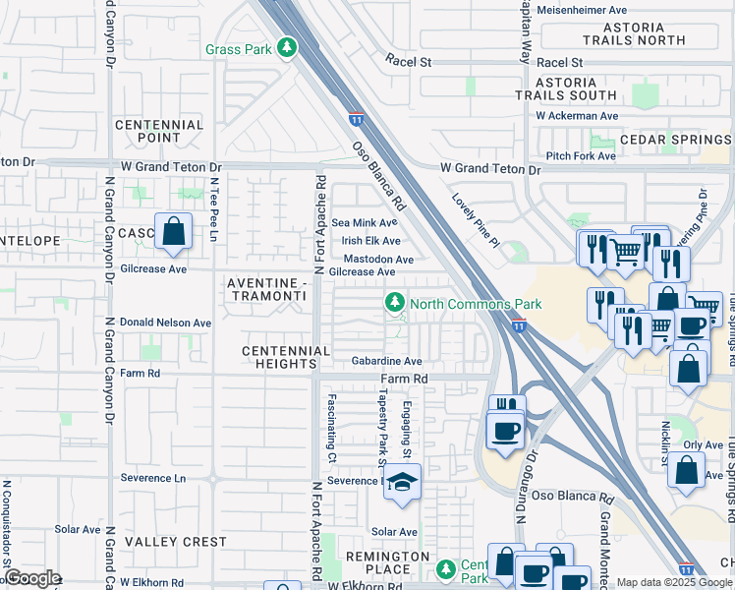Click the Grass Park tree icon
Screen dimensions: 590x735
[x=286, y=48]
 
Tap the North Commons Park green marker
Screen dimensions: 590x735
[x=395, y=302]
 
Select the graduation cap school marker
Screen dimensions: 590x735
[x=402, y=482]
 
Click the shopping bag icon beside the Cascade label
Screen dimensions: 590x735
[x=173, y=233]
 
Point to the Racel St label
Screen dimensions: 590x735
[x=409, y=60]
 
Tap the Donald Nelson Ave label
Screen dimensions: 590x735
[x=165, y=323]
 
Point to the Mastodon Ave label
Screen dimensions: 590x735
[x=377, y=260]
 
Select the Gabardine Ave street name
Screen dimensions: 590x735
[x=387, y=361]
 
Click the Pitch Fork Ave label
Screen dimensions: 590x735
[x=581, y=155]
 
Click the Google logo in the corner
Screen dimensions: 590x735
[x=31, y=578]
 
